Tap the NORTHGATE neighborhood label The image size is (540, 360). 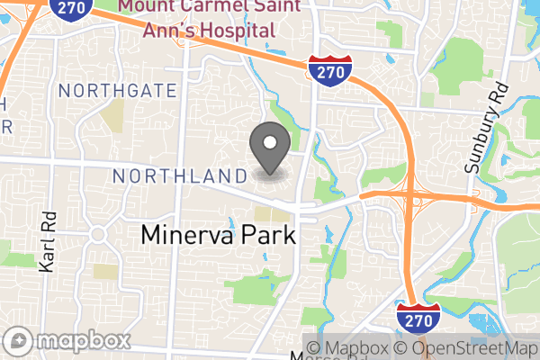click(117, 90)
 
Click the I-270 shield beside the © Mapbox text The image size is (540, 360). click(418, 317)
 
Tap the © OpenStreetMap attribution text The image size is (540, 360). click(468, 348)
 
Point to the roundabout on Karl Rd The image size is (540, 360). click(97, 234)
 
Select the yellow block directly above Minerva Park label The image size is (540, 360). click(267, 214)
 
